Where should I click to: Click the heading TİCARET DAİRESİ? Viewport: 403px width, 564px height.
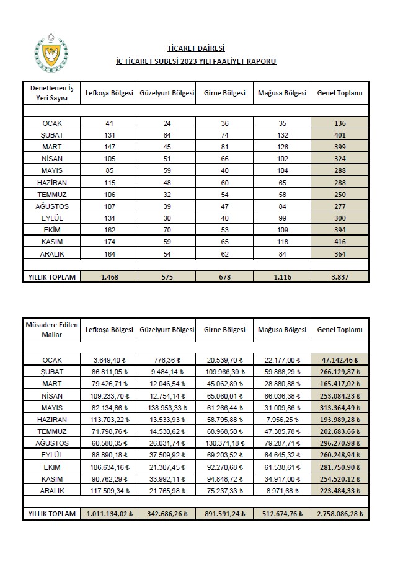(x=195, y=48)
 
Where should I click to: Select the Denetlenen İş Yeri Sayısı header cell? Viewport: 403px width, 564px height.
(x=51, y=93)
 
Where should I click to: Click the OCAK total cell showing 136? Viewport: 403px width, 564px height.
(x=339, y=123)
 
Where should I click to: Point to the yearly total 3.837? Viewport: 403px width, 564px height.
(x=339, y=276)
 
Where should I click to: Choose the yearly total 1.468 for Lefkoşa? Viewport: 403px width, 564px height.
(x=110, y=276)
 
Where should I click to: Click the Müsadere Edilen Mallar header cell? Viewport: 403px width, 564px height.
(x=51, y=330)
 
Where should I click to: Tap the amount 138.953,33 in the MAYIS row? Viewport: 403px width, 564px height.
(x=166, y=407)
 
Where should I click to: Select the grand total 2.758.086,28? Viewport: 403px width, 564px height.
(x=339, y=514)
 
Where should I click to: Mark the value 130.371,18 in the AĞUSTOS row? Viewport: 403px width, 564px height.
(x=224, y=443)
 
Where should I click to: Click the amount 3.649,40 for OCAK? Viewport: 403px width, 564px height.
(x=110, y=360)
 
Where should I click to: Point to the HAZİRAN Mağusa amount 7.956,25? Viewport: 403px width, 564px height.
(x=283, y=420)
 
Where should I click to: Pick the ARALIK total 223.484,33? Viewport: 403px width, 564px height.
(x=339, y=491)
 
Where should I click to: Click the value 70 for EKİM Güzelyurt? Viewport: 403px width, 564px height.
(x=166, y=229)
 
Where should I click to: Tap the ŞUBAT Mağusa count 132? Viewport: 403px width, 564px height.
(x=282, y=135)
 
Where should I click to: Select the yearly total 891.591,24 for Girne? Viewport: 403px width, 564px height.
(x=224, y=514)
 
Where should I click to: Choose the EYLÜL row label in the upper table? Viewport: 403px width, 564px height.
(x=51, y=218)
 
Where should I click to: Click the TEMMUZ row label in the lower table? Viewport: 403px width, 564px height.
(x=51, y=431)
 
